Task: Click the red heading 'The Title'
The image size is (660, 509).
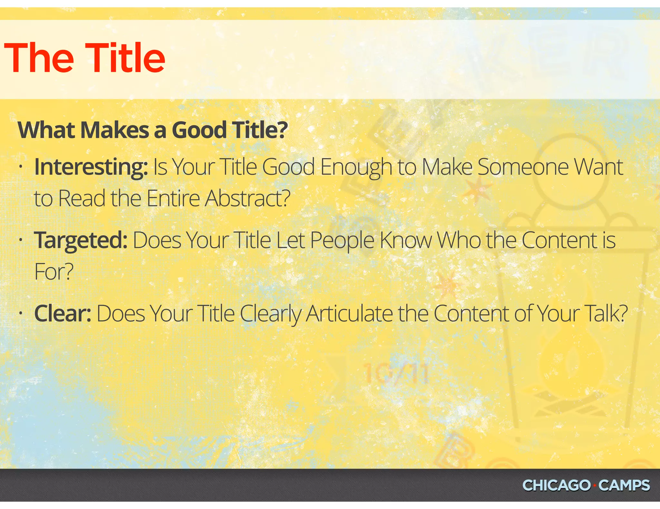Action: [84, 58]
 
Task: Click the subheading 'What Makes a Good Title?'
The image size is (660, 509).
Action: [152, 130]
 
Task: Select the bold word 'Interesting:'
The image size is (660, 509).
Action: [91, 167]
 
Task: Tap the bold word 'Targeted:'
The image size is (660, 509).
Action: [81, 241]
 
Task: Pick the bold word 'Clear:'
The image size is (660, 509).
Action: [63, 313]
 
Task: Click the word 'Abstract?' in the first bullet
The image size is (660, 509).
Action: [247, 198]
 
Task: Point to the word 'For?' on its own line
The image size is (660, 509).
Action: [54, 272]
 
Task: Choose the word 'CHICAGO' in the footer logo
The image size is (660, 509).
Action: [556, 486]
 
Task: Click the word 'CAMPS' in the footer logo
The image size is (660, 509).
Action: [624, 486]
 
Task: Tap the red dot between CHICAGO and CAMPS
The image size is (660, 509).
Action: [594, 486]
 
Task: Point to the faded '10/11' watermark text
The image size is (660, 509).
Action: [396, 374]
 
